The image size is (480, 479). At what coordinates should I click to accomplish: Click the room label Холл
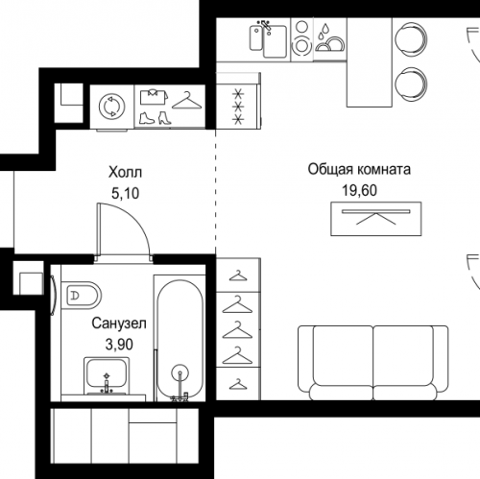click(x=125, y=173)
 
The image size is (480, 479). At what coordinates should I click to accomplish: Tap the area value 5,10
click(x=125, y=193)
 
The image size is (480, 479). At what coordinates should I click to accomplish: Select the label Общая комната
click(x=359, y=169)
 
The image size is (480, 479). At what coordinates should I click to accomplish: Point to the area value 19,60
click(x=359, y=190)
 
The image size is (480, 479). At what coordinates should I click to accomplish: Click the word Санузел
click(x=119, y=323)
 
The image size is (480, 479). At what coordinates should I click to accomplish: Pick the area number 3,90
click(x=119, y=345)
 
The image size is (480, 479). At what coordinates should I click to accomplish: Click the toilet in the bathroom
click(x=82, y=295)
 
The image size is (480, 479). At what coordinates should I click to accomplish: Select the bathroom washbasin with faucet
click(x=107, y=376)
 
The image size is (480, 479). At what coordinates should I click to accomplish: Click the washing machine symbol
click(x=111, y=106)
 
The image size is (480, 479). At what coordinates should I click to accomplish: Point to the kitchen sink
click(x=268, y=38)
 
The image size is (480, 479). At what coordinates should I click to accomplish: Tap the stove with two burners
click(x=301, y=39)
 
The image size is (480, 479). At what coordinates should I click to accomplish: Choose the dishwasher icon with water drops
click(x=330, y=39)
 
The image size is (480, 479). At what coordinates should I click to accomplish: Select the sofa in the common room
click(x=373, y=363)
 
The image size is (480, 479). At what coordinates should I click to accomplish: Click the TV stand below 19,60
click(x=376, y=219)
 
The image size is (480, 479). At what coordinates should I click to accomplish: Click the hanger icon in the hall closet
click(x=187, y=101)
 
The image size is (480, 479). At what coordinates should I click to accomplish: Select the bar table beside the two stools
click(x=370, y=62)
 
